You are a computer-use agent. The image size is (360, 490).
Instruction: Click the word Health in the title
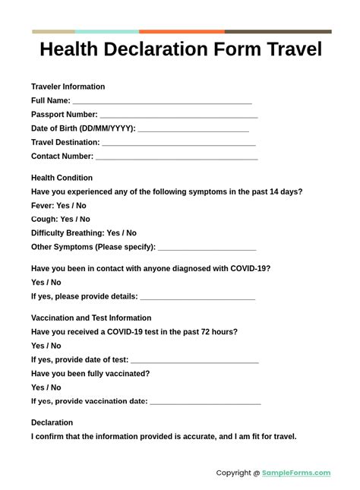(71, 50)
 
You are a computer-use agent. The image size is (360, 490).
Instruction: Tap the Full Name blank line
(162, 102)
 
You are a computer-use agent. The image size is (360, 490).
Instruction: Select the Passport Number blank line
(178, 115)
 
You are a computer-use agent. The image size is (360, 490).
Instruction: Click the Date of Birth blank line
(193, 130)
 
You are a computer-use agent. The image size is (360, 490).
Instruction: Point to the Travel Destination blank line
(178, 144)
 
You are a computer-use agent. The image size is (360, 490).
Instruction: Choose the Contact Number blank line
(176, 158)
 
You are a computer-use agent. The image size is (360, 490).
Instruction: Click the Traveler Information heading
(68, 87)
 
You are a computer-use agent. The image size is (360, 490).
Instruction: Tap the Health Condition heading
(62, 178)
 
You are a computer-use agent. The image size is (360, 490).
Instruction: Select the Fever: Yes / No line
(58, 205)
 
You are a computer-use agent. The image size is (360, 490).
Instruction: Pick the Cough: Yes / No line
(61, 219)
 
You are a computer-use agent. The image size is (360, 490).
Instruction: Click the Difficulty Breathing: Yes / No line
(84, 233)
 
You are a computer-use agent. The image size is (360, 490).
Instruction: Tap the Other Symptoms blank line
(207, 248)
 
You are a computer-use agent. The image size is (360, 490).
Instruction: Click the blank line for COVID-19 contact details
(197, 298)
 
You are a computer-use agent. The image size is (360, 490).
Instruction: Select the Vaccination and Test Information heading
(91, 318)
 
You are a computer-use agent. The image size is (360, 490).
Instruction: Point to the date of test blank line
(194, 362)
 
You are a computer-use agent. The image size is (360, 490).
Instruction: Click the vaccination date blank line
(205, 403)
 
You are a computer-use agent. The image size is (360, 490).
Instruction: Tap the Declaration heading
(52, 422)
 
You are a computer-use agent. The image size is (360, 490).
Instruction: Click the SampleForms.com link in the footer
(296, 473)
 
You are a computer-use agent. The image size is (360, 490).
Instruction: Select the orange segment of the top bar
(182, 32)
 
